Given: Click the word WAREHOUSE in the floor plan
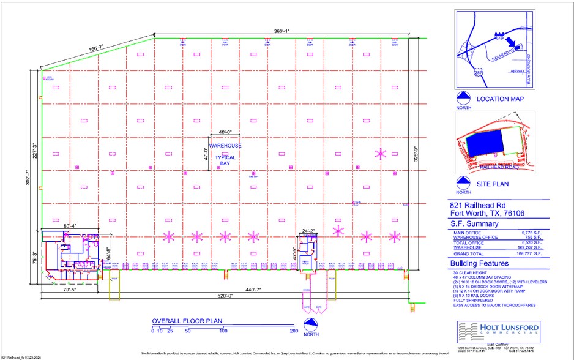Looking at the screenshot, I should point(225,146).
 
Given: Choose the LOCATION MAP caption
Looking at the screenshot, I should point(501,99).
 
